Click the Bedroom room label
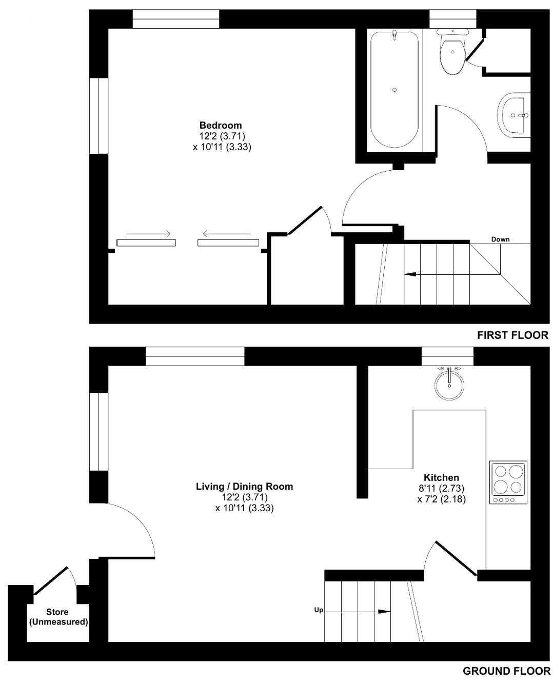[x=220, y=126]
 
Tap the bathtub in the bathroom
[x=394, y=89]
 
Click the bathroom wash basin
[x=515, y=115]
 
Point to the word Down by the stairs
[x=500, y=239]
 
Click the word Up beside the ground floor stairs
[x=319, y=610]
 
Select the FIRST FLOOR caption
[x=512, y=335]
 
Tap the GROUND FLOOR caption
[x=506, y=671]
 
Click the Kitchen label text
[x=441, y=477]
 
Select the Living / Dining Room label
[x=244, y=487]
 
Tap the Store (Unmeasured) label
[x=58, y=617]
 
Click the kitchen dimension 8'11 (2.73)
[x=441, y=488]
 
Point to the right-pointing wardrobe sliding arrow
[x=148, y=234]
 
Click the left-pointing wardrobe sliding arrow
[x=227, y=234]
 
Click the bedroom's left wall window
[x=99, y=116]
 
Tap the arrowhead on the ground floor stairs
[x=384, y=612]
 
